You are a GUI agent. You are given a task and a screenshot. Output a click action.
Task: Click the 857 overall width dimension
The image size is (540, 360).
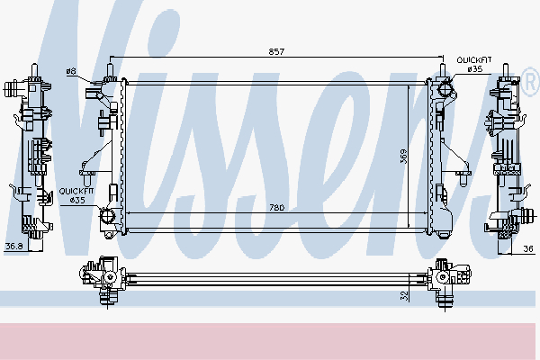coord(276,52)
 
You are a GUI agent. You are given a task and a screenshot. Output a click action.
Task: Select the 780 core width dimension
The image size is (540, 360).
coord(276,208)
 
